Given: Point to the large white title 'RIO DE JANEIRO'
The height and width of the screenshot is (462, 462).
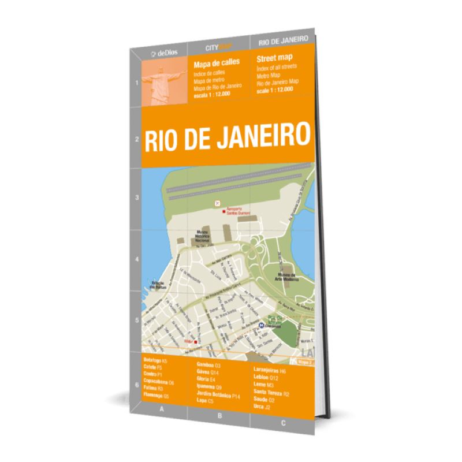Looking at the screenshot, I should pos(226,136).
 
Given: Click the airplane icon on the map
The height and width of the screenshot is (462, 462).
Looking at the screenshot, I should pos(217,203).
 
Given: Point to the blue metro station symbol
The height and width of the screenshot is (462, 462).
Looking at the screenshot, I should pos(260,326).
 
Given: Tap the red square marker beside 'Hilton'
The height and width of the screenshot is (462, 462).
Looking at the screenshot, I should pos(196,342).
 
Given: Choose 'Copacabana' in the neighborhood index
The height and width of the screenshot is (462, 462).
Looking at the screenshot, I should pos(155,382).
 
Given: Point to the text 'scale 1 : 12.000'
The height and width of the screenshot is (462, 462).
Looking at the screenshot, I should pos(275,90).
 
